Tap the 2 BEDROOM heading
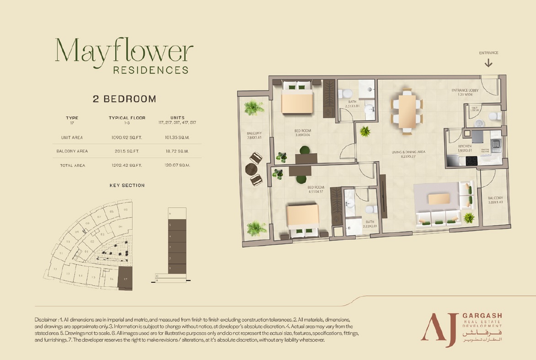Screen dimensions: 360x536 click(x=124, y=99)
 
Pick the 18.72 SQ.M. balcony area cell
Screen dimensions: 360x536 click(x=177, y=151)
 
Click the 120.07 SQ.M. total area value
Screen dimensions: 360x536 click(x=177, y=165)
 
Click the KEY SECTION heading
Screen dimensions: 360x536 click(x=127, y=185)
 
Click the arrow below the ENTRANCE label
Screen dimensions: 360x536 click(x=488, y=63)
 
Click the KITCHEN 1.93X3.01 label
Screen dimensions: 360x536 click(x=465, y=148)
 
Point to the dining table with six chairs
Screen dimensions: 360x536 click(x=407, y=110)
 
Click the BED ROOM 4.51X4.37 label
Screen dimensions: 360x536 click(x=316, y=189)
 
